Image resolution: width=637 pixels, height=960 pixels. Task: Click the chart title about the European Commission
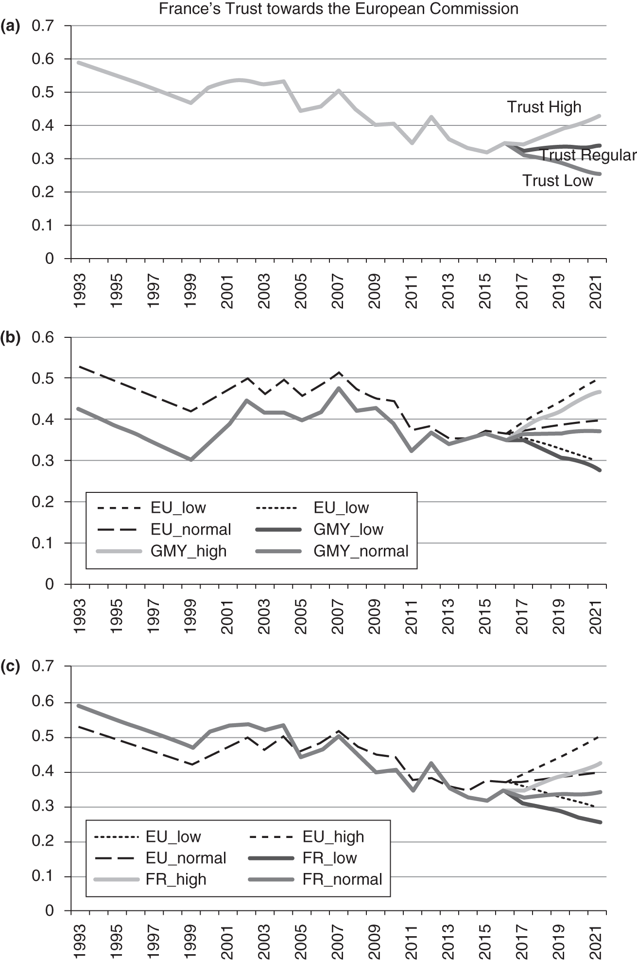(x=338, y=8)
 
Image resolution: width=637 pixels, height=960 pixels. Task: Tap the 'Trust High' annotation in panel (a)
(x=544, y=107)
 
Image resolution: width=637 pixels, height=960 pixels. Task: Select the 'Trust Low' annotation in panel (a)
(x=557, y=181)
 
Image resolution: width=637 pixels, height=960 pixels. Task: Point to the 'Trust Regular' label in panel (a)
(x=588, y=155)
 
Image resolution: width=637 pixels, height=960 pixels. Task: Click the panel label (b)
(x=10, y=337)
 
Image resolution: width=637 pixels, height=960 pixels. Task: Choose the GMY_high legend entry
(x=189, y=551)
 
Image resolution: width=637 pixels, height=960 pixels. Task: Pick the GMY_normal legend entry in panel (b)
(x=361, y=551)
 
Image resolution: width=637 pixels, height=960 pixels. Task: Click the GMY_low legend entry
(x=348, y=529)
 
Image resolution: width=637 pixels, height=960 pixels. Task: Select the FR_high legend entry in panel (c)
(x=176, y=879)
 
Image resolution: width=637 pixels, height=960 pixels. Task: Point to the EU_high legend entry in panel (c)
(x=333, y=837)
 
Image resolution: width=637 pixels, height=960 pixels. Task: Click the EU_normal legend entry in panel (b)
(x=190, y=529)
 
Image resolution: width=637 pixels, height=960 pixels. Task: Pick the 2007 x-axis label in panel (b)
(x=338, y=617)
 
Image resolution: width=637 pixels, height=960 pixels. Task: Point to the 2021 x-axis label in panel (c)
(x=596, y=943)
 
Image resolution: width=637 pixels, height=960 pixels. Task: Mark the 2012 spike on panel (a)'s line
(x=430, y=117)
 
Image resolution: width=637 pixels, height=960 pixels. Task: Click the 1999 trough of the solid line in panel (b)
(x=191, y=459)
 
